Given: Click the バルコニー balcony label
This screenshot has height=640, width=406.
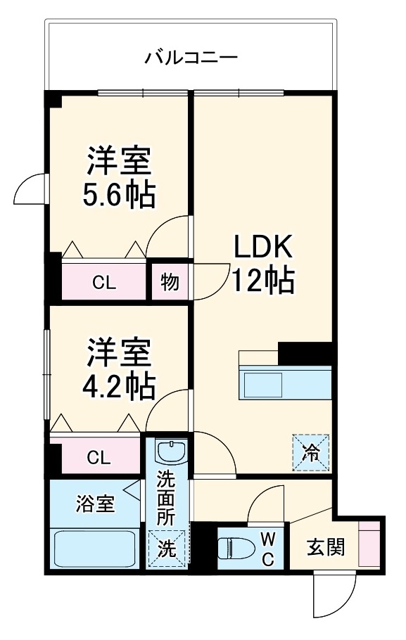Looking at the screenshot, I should pyautogui.click(x=191, y=57).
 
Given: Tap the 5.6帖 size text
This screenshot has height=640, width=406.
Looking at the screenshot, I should pyautogui.click(x=119, y=195).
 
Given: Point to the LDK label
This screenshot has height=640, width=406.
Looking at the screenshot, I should pyautogui.click(x=262, y=247).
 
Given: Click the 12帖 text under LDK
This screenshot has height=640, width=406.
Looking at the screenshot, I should pyautogui.click(x=262, y=281).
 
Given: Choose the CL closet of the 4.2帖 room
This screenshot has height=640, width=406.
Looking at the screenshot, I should pyautogui.click(x=98, y=457).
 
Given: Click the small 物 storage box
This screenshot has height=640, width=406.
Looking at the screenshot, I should pyautogui.click(x=170, y=282).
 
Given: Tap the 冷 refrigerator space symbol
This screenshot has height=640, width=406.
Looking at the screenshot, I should pyautogui.click(x=310, y=449).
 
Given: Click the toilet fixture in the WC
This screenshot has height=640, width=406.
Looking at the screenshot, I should pyautogui.click(x=236, y=546).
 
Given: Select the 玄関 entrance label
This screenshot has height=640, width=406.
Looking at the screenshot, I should pyautogui.click(x=326, y=547).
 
